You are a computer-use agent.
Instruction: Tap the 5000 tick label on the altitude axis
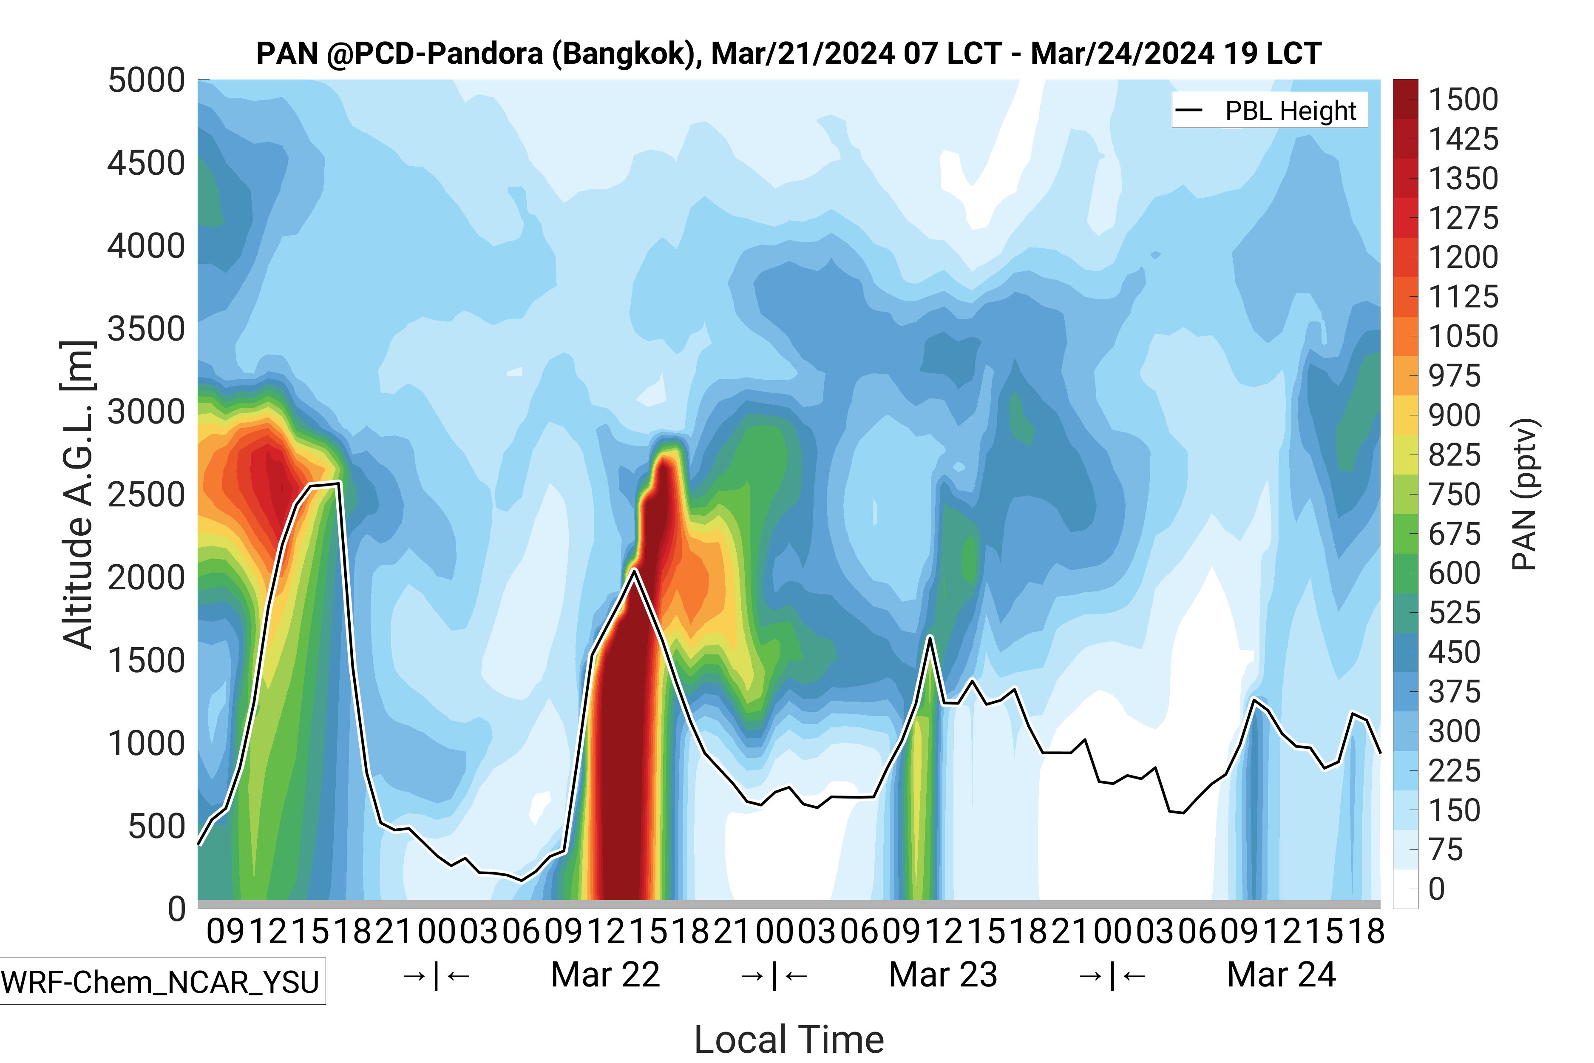click(146, 81)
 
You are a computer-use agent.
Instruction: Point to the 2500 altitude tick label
click(146, 495)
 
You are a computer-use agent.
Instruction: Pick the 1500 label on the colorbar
click(1463, 99)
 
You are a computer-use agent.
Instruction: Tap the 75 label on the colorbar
click(1446, 850)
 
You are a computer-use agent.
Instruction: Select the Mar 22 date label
click(605, 975)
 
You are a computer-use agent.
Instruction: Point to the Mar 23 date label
click(943, 975)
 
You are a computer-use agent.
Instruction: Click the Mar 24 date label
click(1281, 975)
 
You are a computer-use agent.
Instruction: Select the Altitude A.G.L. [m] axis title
click(77, 495)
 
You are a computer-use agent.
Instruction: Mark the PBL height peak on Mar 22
click(634, 570)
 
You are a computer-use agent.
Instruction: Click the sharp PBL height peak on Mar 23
click(930, 637)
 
